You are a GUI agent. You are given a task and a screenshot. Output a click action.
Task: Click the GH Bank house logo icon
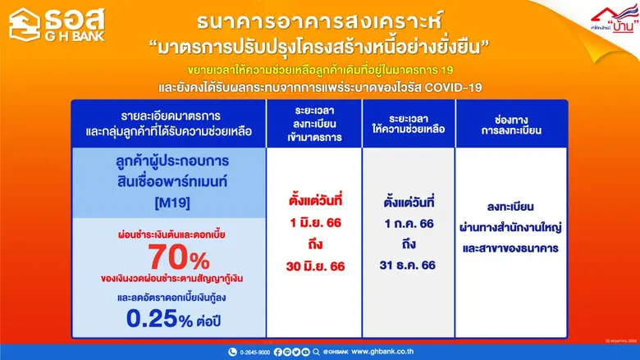pyautogui.click(x=24, y=22)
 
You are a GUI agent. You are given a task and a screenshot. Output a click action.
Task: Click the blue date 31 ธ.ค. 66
pyautogui.click(x=408, y=267)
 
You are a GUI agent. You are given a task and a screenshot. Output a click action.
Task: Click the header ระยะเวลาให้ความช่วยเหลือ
pyautogui.click(x=408, y=125)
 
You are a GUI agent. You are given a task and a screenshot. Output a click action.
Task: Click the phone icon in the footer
pyautogui.click(x=233, y=352)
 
